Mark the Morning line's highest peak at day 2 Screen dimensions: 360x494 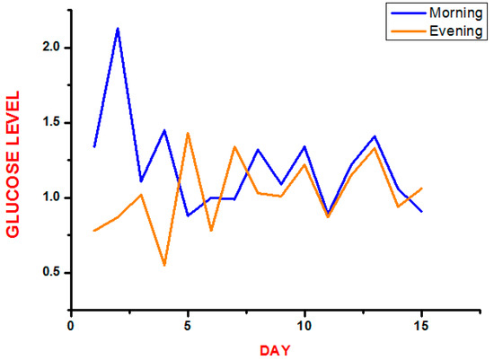[118, 28]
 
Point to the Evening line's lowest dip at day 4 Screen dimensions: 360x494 [164, 265]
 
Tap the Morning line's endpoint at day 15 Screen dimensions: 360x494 [421, 211]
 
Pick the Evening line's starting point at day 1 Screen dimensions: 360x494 [94, 231]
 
